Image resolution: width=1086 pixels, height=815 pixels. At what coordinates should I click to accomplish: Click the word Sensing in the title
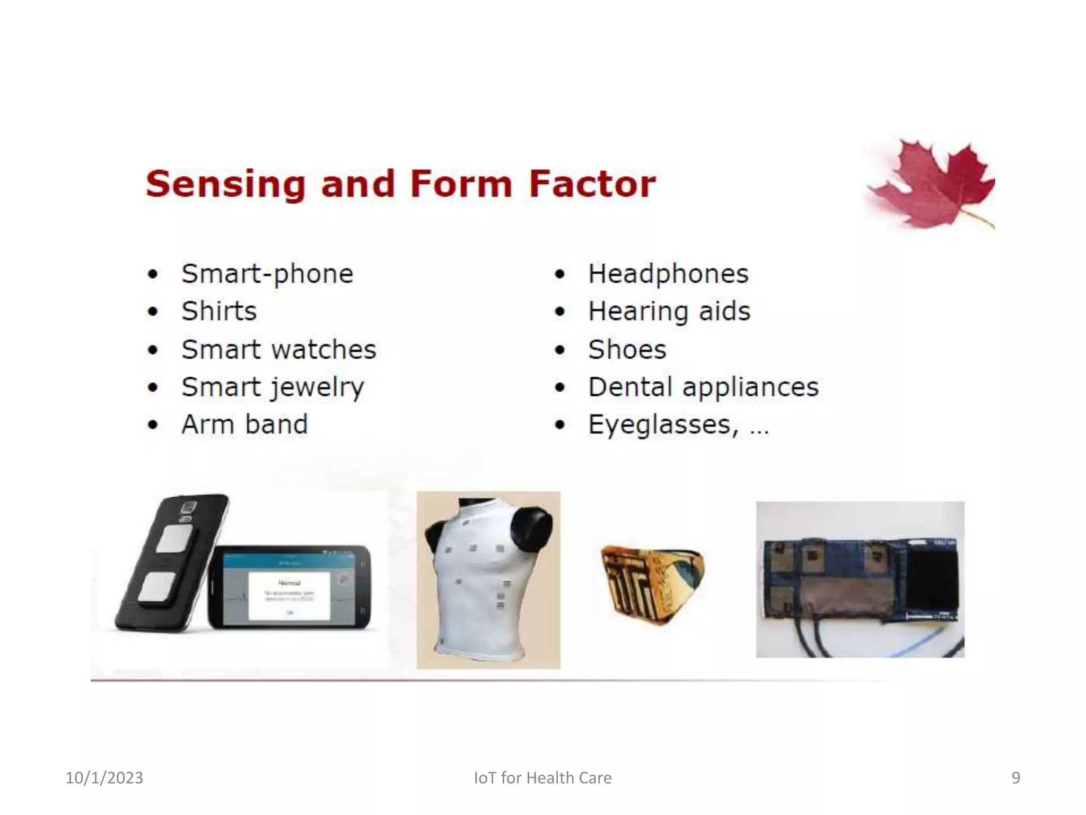pyautogui.click(x=225, y=184)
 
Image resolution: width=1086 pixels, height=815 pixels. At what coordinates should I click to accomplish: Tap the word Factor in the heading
pyautogui.click(x=592, y=184)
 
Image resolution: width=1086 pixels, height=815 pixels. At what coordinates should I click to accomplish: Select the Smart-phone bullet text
pyautogui.click(x=267, y=274)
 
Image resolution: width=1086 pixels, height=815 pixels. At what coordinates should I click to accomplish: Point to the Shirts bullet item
pyautogui.click(x=219, y=311)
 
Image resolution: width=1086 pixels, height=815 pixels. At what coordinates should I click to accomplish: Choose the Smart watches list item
pyautogui.click(x=278, y=350)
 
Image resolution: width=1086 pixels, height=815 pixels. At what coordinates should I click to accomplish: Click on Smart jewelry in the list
pyautogui.click(x=273, y=387)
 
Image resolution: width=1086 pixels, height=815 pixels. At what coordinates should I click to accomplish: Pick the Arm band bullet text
pyautogui.click(x=244, y=424)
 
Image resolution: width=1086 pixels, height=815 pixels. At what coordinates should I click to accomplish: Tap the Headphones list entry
pyautogui.click(x=668, y=274)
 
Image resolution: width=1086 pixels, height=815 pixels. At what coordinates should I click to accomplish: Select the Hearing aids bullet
pyautogui.click(x=669, y=311)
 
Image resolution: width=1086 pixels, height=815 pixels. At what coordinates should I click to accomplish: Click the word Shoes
pyautogui.click(x=627, y=350)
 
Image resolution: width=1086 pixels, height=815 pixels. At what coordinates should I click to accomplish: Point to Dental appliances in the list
pyautogui.click(x=703, y=387)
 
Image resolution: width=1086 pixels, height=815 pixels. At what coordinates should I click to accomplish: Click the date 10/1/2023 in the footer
pyautogui.click(x=104, y=778)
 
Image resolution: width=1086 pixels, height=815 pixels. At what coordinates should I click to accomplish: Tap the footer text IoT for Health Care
pyautogui.click(x=542, y=778)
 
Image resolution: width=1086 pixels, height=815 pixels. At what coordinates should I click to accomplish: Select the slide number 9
pyautogui.click(x=1015, y=778)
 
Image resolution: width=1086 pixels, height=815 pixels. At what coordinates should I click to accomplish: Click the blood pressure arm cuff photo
pyautogui.click(x=860, y=579)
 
